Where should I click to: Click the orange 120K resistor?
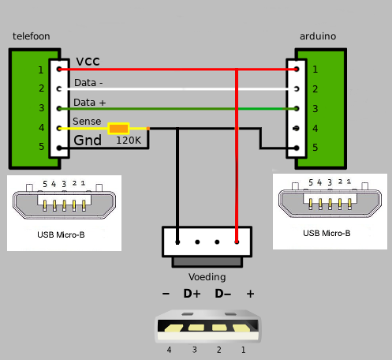pyautogui.click(x=118, y=129)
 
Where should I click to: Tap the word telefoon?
pyautogui.click(x=32, y=36)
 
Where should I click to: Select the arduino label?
pyautogui.click(x=318, y=36)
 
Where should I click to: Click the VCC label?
pyautogui.click(x=88, y=62)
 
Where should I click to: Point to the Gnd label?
pyautogui.click(x=88, y=140)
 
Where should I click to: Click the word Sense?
pyautogui.click(x=87, y=122)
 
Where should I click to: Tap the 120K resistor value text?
pyautogui.click(x=129, y=141)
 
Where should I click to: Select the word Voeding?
pyautogui.click(x=207, y=277)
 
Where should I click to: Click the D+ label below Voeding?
pyautogui.click(x=192, y=294)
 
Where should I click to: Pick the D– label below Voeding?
pyautogui.click(x=223, y=294)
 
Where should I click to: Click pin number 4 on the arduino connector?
pyautogui.click(x=315, y=129)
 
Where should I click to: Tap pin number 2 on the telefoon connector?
pyautogui.click(x=42, y=88)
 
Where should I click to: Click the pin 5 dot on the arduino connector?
pyautogui.click(x=297, y=148)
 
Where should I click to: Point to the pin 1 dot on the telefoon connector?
pyautogui.click(x=59, y=69)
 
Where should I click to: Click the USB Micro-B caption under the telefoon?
pyautogui.click(x=61, y=234)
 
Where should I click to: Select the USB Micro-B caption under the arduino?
pyautogui.click(x=327, y=233)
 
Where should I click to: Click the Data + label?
pyautogui.click(x=89, y=103)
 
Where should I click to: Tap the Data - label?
pyautogui.click(x=88, y=83)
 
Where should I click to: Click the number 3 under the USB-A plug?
pyautogui.click(x=194, y=350)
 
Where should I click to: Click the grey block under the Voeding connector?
pyautogui.click(x=207, y=262)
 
